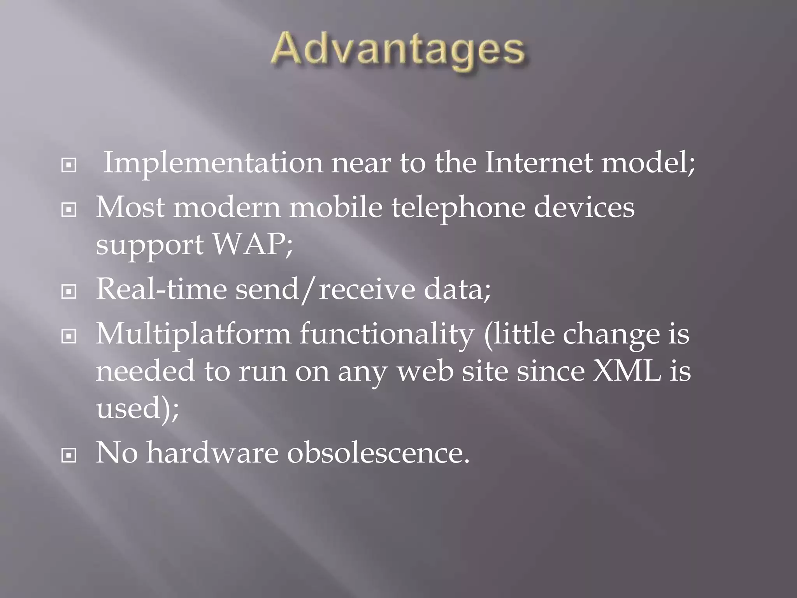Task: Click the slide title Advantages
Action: point(398,51)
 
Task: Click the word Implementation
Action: point(213,162)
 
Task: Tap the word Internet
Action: point(539,162)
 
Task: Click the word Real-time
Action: point(161,289)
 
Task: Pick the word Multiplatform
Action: point(193,334)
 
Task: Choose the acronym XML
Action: point(627,371)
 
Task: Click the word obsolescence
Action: point(378,453)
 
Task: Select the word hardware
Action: point(212,453)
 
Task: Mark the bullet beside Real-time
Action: point(69,292)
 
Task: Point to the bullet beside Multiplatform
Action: point(69,336)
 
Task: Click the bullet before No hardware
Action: point(69,455)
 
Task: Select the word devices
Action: point(584,208)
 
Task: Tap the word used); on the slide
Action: point(137,408)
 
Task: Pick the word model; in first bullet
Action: point(648,162)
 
